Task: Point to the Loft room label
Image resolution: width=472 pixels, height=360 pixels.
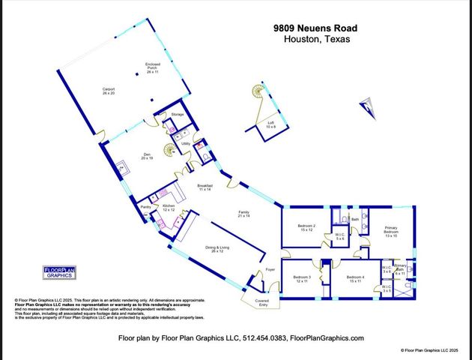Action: [270, 124]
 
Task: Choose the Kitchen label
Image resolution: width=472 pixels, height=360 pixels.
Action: [169, 206]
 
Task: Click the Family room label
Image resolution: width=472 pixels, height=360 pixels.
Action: [243, 214]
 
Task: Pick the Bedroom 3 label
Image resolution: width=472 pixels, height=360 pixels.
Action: [302, 279]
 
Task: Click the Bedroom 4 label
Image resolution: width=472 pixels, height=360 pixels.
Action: [356, 279]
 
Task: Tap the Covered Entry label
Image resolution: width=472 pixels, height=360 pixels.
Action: [261, 304]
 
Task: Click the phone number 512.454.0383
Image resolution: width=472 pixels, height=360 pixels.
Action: [264, 338]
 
